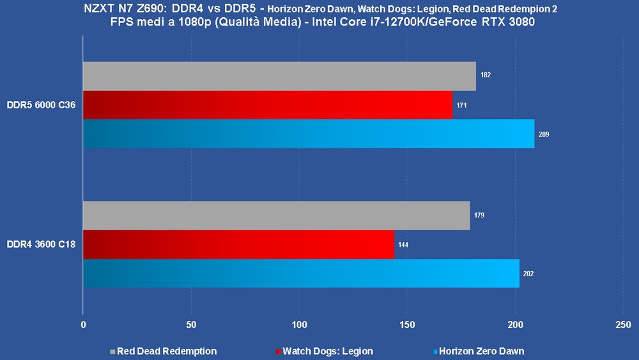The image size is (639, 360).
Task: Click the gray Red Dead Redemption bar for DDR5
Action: tap(279, 76)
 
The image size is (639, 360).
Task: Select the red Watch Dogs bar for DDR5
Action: tap(268, 105)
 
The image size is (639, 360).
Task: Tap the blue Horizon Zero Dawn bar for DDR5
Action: tap(309, 134)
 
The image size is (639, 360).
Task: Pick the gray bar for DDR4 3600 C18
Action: tap(276, 215)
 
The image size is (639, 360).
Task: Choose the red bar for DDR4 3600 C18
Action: tap(238, 244)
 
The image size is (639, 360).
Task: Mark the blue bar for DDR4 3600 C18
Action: tap(301, 273)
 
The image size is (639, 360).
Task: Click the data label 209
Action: tap(544, 134)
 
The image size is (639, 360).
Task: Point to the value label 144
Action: tap(403, 245)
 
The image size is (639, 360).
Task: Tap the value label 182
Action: tap(486, 75)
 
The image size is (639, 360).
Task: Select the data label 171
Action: tap(462, 105)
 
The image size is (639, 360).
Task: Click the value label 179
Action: tap(479, 215)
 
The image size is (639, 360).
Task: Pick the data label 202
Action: tap(528, 274)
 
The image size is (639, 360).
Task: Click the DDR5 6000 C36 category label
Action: tap(42, 105)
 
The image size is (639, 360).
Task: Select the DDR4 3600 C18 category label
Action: tap(42, 244)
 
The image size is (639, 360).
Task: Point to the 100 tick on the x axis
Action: tap(299, 325)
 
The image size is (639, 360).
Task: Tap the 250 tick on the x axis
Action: tap(623, 325)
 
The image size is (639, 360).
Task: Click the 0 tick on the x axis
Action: tap(83, 325)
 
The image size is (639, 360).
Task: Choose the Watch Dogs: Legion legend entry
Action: tap(325, 351)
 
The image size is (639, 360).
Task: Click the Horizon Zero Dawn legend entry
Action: tap(479, 351)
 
